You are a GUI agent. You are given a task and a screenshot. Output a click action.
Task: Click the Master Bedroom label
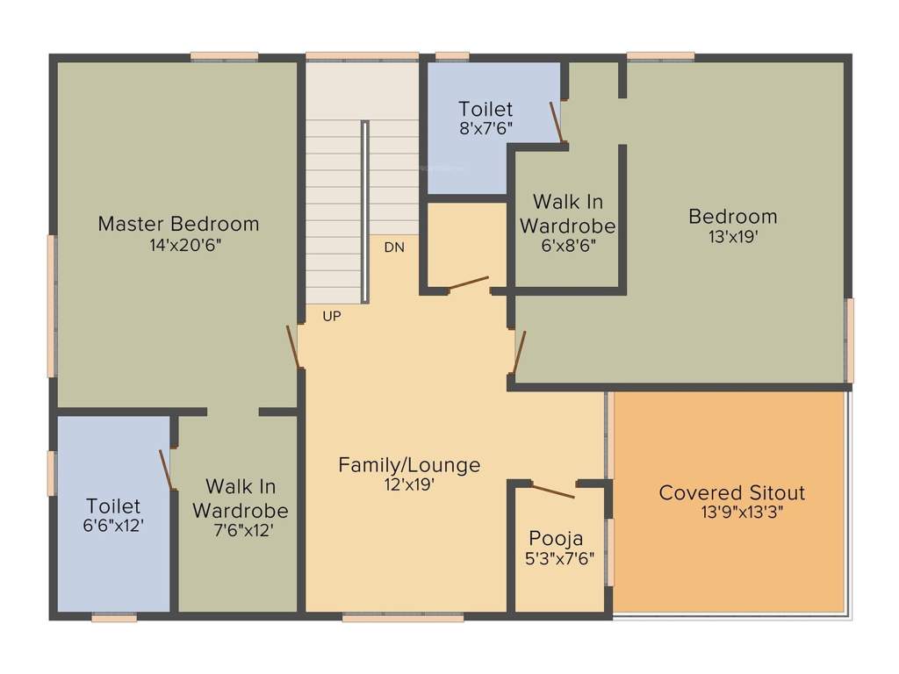click(178, 224)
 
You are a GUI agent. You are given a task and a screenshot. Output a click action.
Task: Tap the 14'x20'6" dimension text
click(185, 246)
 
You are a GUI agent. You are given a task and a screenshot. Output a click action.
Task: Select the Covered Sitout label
click(732, 492)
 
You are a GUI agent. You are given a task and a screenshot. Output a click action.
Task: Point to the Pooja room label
click(556, 538)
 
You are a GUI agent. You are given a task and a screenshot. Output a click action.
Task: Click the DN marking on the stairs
click(394, 247)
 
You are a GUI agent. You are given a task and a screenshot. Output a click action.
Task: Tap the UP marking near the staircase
click(331, 317)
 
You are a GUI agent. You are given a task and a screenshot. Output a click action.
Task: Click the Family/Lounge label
click(409, 465)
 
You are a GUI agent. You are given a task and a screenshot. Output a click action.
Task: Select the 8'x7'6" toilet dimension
click(485, 128)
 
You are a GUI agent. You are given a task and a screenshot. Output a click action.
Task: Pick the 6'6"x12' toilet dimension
click(113, 526)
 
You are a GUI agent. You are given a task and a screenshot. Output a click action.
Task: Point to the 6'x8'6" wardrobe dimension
click(567, 246)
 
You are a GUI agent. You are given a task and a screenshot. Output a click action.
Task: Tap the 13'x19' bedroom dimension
click(733, 236)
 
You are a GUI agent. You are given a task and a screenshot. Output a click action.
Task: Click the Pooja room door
click(553, 491)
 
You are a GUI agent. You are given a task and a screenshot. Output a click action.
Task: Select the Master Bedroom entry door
click(293, 347)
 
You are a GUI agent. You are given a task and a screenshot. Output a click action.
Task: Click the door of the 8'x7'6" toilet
click(556, 121)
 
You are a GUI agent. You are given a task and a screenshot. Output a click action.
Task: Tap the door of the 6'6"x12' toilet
click(165, 470)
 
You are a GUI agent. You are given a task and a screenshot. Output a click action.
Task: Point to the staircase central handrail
click(365, 211)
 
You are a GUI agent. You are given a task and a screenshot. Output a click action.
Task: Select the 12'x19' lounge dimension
click(409, 484)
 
